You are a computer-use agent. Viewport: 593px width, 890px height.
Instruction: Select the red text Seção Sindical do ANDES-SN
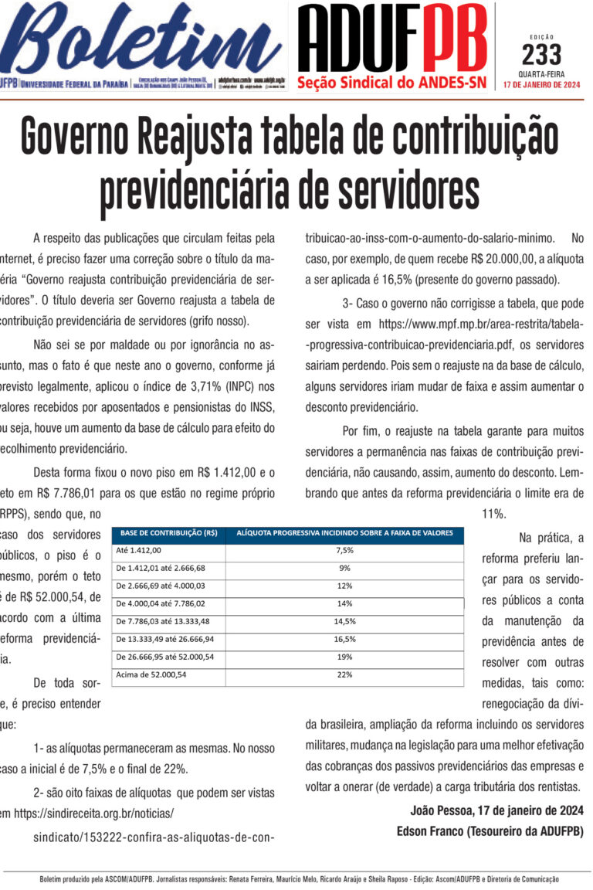pos(391,82)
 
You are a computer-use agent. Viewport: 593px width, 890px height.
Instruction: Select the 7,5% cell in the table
pos(344,550)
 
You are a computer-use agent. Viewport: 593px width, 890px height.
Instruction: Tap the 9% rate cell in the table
pos(344,568)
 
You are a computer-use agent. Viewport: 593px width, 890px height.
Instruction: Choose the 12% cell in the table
pos(344,586)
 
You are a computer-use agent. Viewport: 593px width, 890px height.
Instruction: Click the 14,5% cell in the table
pos(344,621)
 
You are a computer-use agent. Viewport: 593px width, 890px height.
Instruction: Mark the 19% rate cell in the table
pos(344,657)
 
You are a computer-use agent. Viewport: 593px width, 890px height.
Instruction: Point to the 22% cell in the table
pos(344,674)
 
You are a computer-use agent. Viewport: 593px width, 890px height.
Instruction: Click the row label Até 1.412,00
pos(139,550)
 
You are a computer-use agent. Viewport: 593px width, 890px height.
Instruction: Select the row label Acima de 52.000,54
pos(151,674)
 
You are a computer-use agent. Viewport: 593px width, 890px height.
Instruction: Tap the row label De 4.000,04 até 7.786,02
pos(160,603)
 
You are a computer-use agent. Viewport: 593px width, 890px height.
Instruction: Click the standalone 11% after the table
pos(493,513)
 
